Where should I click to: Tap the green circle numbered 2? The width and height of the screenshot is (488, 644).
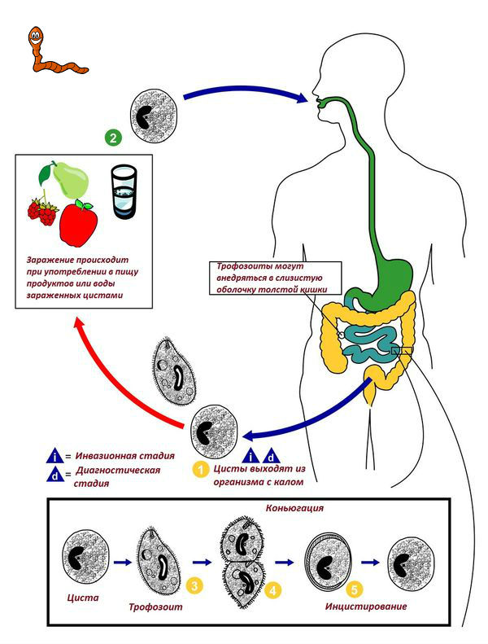point(114,138)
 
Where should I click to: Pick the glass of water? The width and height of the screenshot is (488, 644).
point(124,192)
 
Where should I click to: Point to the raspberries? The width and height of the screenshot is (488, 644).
point(41,212)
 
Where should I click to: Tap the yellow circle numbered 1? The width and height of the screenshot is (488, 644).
point(199,469)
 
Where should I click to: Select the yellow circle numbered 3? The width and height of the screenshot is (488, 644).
point(194,585)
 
